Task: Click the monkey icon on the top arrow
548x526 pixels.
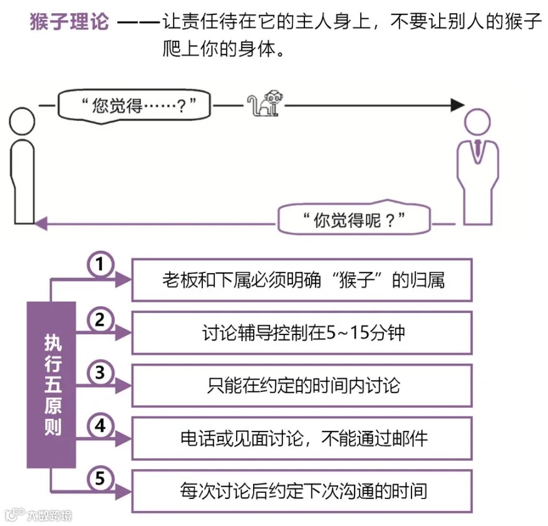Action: (262, 104)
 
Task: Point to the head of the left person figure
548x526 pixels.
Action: (23, 120)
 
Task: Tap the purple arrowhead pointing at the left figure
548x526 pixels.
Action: (41, 222)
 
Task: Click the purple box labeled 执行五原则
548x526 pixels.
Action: (51, 384)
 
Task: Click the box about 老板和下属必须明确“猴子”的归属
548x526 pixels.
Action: (302, 279)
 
